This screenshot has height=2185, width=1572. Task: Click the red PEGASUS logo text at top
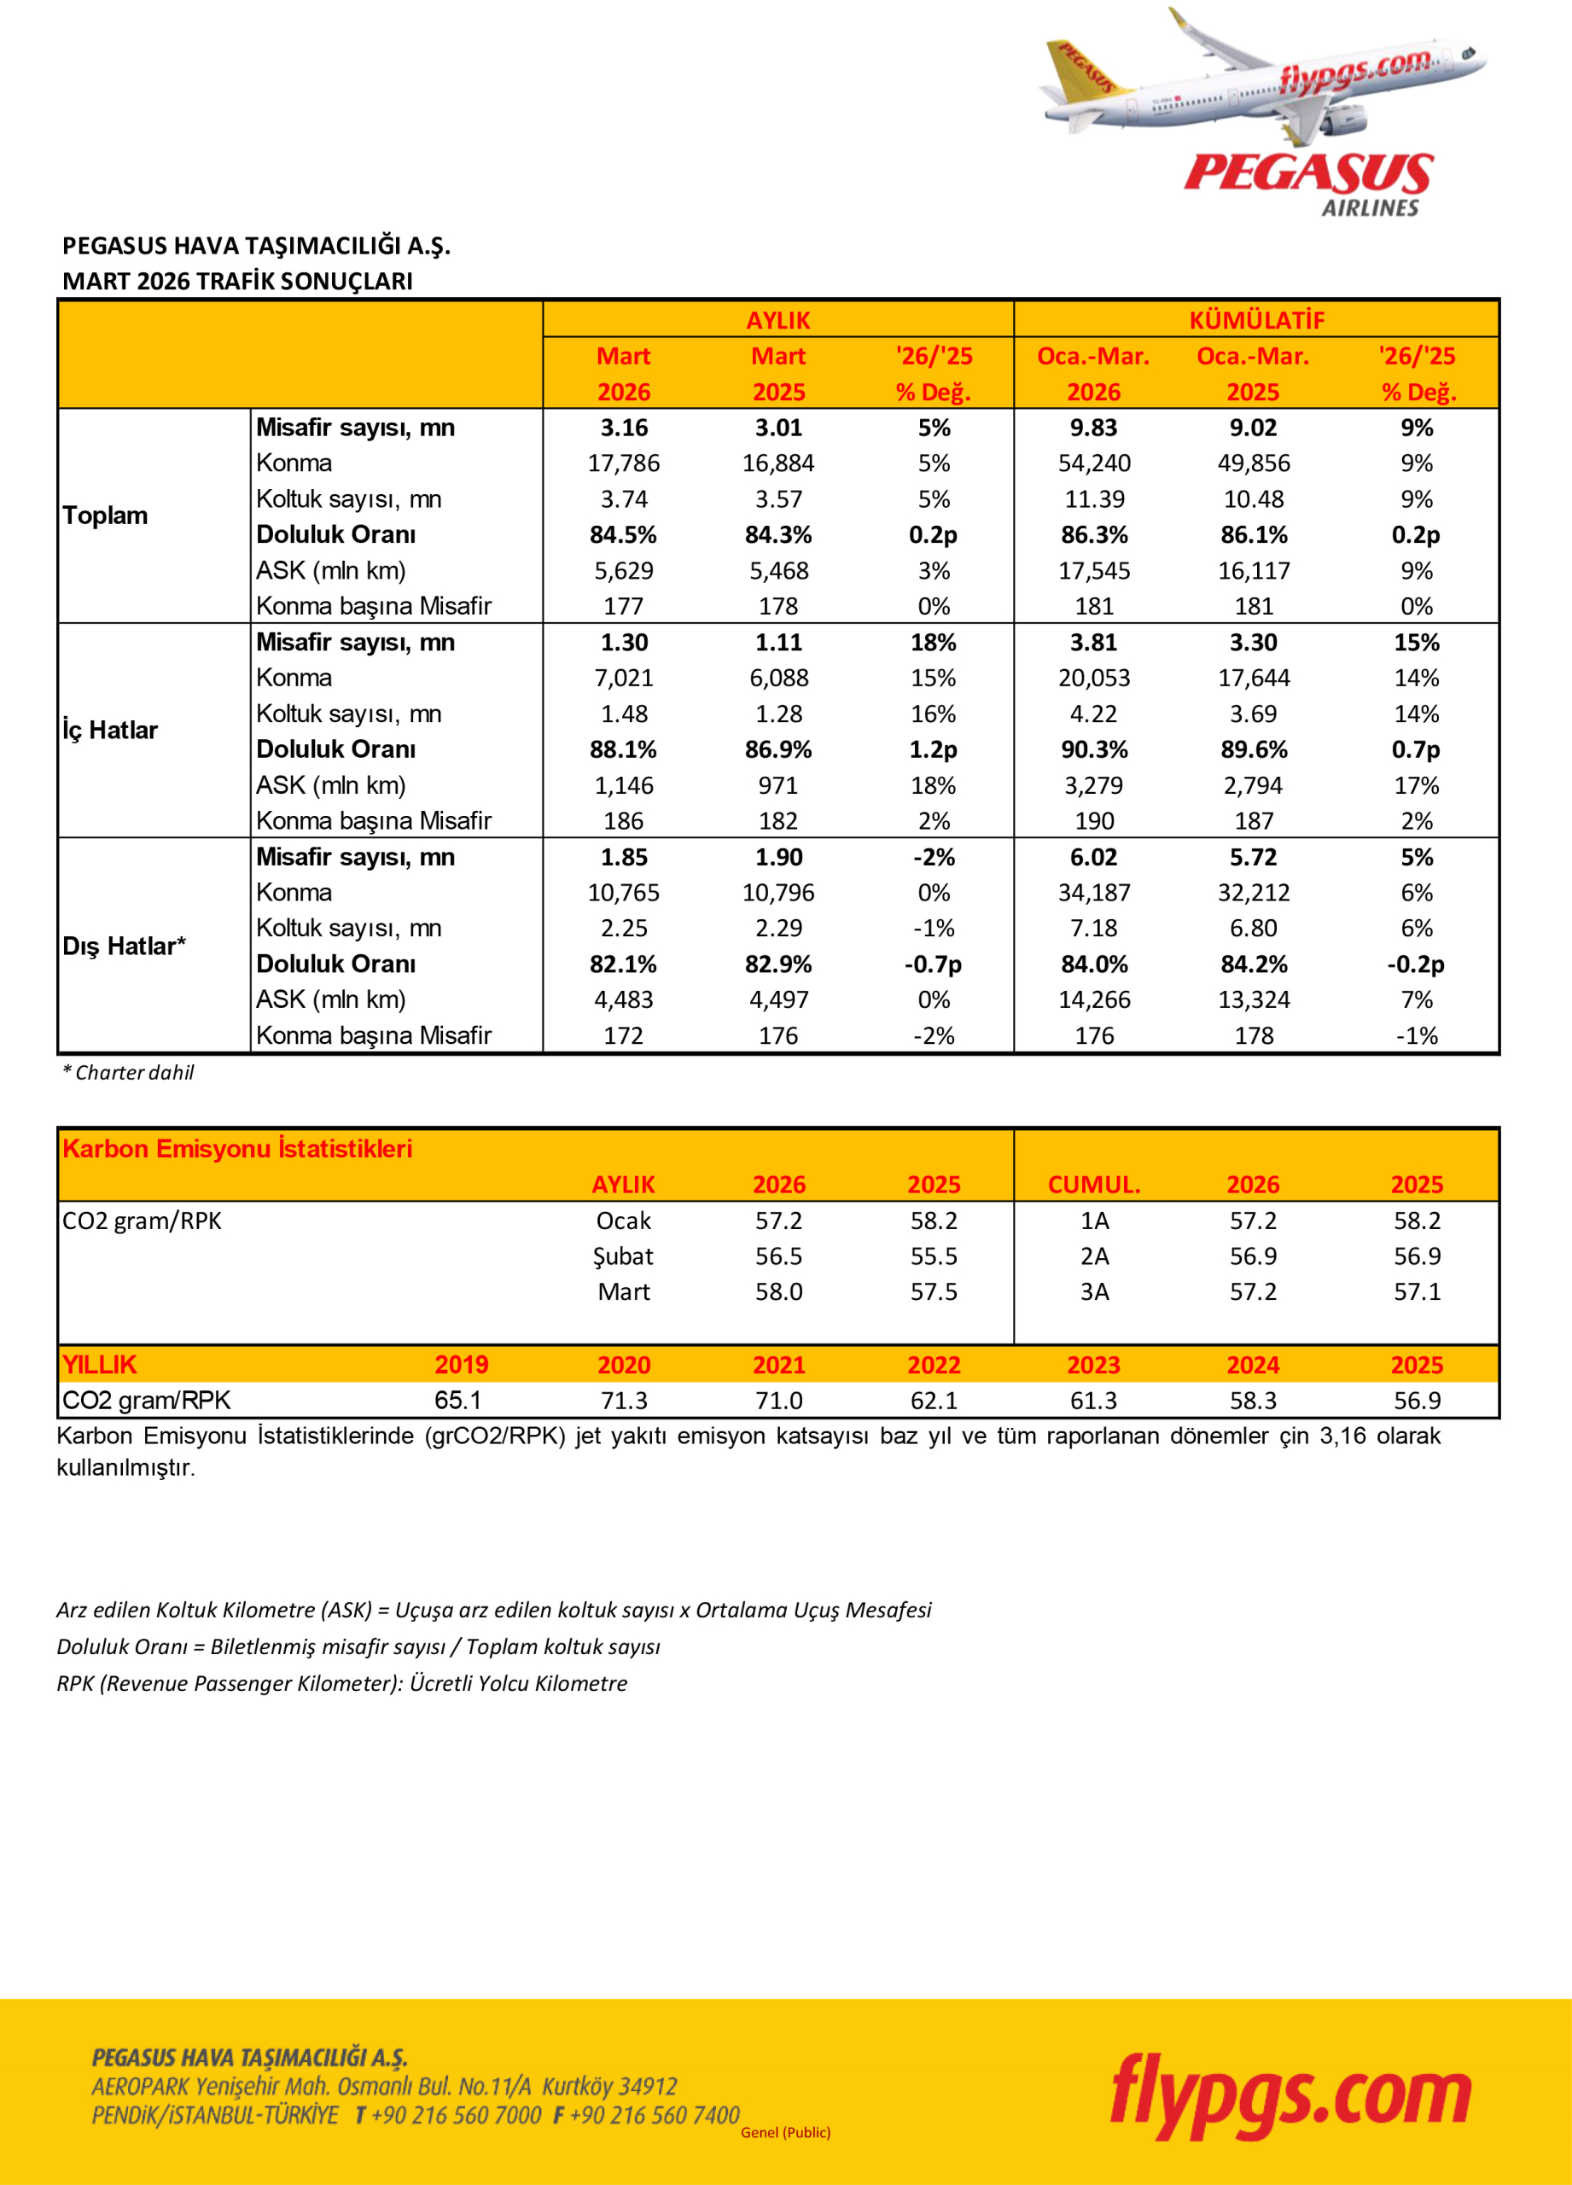[x=1307, y=174]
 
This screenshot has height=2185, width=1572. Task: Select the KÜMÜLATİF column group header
[x=1256, y=320]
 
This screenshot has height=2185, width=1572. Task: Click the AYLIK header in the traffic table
[x=778, y=320]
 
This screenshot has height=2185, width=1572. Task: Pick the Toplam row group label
[x=105, y=516]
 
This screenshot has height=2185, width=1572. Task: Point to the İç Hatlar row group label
[x=110, y=731]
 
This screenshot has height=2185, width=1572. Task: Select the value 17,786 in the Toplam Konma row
[x=623, y=463]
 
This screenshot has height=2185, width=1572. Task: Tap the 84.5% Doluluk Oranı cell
[x=623, y=534]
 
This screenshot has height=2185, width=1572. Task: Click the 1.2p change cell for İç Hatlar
[x=933, y=749]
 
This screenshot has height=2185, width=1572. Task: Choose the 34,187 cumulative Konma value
[x=1094, y=893]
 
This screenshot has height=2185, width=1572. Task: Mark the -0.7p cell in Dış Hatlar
[x=933, y=964]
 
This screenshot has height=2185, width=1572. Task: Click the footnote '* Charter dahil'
[x=128, y=1072]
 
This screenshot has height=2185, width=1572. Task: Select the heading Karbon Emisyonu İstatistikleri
[x=237, y=1148]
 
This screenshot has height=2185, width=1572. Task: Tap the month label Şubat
[x=623, y=1256]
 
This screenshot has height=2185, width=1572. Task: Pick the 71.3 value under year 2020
[x=623, y=1400]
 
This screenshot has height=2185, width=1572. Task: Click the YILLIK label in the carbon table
[x=99, y=1364]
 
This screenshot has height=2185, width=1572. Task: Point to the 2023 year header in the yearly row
[x=1093, y=1364]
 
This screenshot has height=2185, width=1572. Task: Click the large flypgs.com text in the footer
[x=1290, y=2097]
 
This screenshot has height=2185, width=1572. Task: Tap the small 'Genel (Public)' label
[x=785, y=2132]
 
